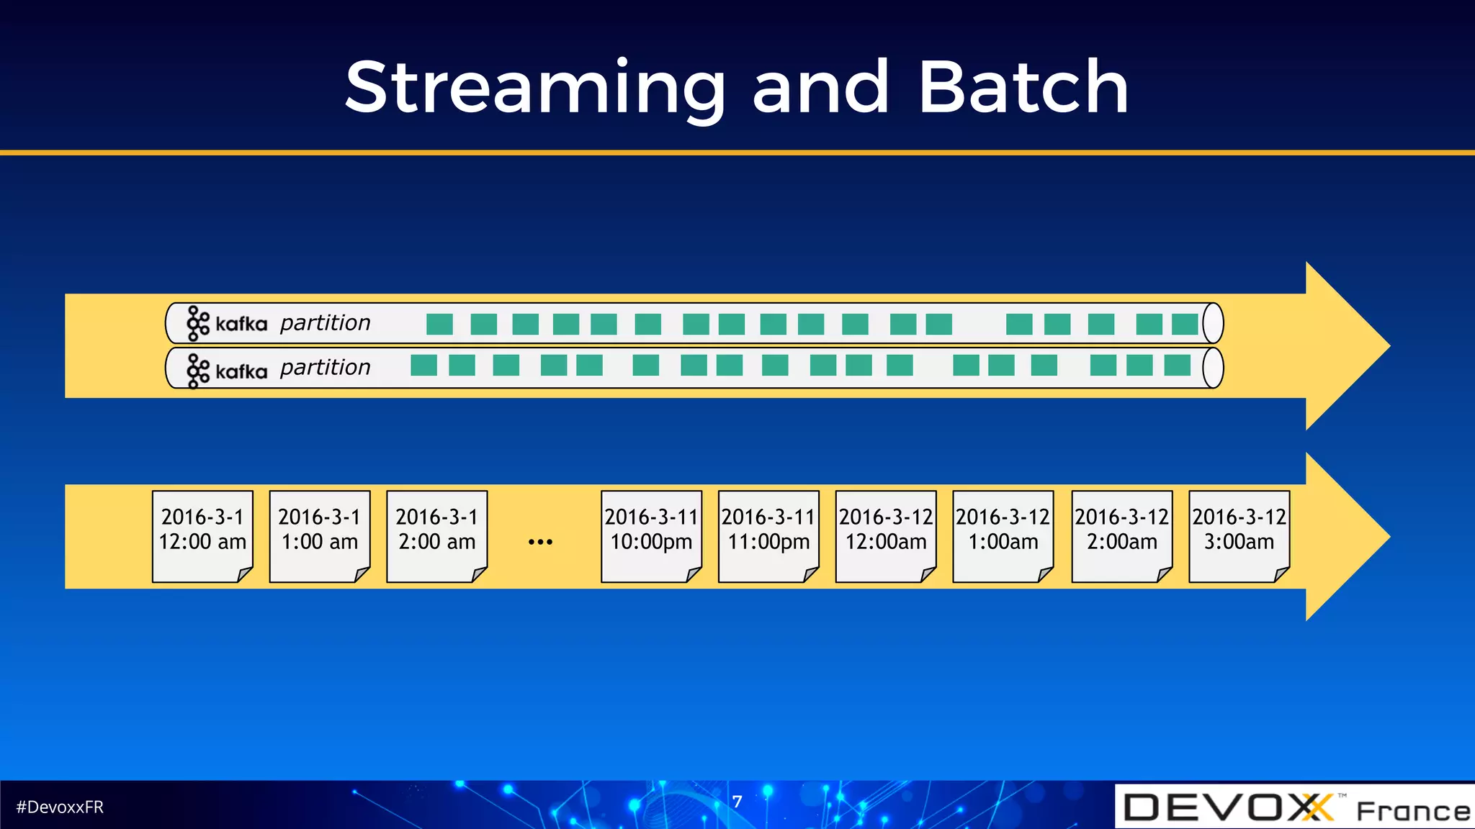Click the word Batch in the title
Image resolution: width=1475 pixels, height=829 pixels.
(1023, 88)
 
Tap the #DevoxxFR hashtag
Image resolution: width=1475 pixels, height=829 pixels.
(60, 807)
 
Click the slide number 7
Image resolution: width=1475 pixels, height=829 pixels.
(737, 802)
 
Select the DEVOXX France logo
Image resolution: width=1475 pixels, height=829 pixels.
(1295, 807)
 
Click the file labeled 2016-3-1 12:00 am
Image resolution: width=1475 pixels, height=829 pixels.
(202, 536)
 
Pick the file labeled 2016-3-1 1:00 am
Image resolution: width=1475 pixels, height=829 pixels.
(320, 536)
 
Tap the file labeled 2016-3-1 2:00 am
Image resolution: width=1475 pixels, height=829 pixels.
(437, 536)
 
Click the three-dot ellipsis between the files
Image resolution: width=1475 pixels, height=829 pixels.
(540, 541)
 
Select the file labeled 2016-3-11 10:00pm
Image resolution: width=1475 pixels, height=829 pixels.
(651, 536)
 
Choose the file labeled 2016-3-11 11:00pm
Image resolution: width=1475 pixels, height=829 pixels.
(768, 536)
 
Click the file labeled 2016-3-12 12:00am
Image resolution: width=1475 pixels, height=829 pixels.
(886, 536)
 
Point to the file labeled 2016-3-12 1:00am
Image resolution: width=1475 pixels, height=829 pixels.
(1003, 536)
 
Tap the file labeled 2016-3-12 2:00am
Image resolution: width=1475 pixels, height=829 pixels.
(1122, 536)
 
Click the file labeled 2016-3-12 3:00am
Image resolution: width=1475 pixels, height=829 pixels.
(1239, 536)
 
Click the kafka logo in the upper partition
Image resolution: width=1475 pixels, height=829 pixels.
(226, 324)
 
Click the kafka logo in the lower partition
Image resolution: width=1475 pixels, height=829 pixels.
(226, 371)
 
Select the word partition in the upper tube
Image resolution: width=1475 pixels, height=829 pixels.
(325, 323)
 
